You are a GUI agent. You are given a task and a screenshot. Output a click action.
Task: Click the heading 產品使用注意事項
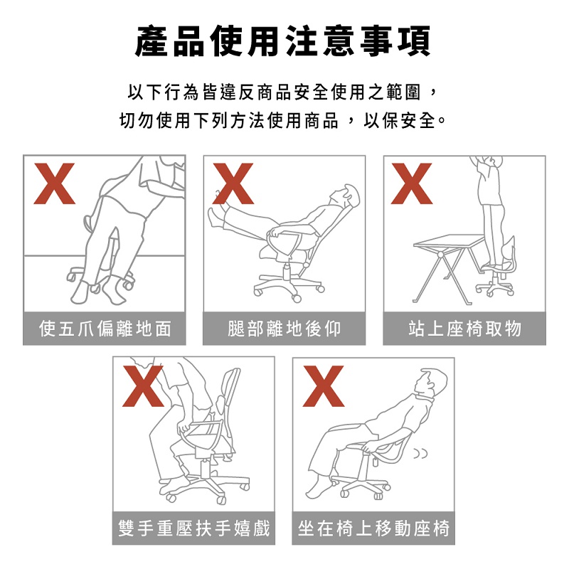tap(282, 41)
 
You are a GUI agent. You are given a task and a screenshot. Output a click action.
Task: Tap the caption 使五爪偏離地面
tap(105, 329)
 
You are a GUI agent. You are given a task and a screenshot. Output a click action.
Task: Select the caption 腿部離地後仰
tap(284, 329)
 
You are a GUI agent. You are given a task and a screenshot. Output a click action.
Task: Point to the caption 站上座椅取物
tap(465, 329)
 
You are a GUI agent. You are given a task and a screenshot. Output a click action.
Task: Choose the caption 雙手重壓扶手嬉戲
tap(194, 528)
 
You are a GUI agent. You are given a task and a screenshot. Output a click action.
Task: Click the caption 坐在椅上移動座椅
tap(374, 528)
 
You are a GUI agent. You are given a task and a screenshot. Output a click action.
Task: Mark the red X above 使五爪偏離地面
tap(54, 184)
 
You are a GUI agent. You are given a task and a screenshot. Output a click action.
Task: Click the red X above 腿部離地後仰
tap(233, 184)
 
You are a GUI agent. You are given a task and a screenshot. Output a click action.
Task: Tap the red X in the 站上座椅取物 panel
tap(412, 184)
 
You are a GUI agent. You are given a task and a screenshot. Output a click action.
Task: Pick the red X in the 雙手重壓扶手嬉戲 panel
tap(143, 386)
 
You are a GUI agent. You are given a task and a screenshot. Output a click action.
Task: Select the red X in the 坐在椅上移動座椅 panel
tap(324, 386)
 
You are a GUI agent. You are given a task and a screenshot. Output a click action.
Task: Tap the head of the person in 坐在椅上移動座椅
tap(432, 383)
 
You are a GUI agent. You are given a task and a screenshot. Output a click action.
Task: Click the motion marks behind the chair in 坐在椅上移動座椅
tap(421, 453)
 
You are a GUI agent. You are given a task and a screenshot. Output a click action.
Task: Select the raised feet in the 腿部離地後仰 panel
tap(217, 214)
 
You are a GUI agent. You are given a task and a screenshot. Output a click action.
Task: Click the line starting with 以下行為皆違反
tap(282, 92)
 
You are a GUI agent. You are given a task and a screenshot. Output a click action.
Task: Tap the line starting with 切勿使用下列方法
tap(282, 120)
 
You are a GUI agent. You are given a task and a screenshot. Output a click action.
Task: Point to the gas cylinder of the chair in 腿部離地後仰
tap(287, 272)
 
